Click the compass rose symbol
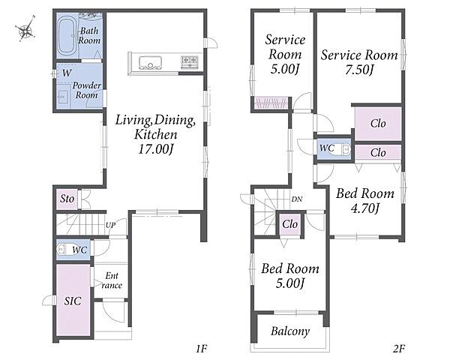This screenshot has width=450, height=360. [x=25, y=28]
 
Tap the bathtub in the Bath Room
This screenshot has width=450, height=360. [x=67, y=36]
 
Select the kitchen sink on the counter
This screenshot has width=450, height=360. [x=150, y=62]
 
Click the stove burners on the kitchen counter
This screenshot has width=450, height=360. [x=190, y=62]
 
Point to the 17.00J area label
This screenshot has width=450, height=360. [x=156, y=149]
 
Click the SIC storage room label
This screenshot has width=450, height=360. [x=73, y=301]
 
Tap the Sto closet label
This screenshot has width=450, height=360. [x=67, y=198]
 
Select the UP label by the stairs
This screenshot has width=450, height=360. [x=110, y=225]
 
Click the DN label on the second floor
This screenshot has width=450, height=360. [x=297, y=199]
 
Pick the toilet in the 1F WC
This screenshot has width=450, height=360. [x=64, y=249]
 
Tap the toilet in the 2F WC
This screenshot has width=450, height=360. [x=343, y=149]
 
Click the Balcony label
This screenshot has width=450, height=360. [x=290, y=331]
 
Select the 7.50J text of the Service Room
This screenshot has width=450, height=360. [x=359, y=70]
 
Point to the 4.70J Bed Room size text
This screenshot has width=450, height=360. [x=364, y=208]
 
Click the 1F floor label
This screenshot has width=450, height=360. [x=202, y=349]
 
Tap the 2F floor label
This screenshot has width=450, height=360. [x=399, y=349]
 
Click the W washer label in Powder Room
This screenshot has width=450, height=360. [x=67, y=73]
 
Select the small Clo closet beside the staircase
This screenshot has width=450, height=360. [x=289, y=224]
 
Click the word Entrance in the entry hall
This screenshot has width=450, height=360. [x=112, y=280]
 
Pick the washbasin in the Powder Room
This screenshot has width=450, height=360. [x=63, y=97]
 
